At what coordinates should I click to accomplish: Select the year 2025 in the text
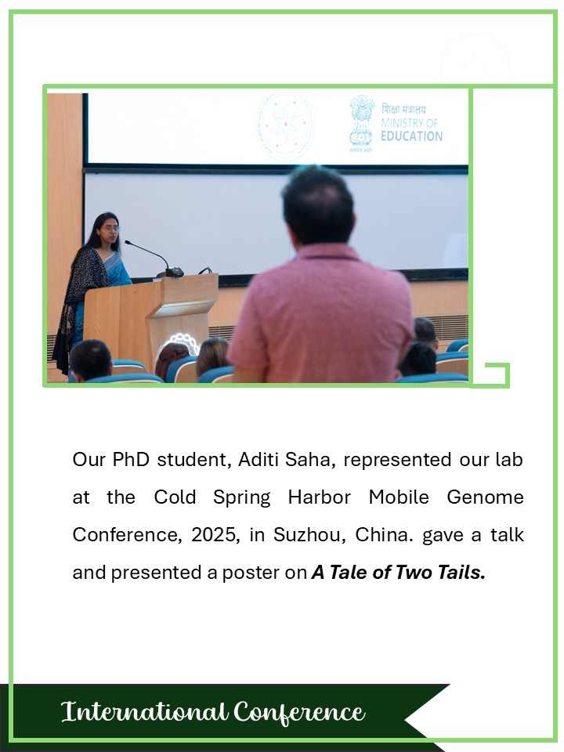(x=214, y=534)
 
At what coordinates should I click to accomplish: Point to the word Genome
(x=485, y=497)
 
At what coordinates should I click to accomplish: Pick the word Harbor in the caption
(x=320, y=497)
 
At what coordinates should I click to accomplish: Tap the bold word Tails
(x=461, y=572)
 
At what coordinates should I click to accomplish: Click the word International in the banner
(x=144, y=711)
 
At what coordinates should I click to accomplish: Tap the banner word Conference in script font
(x=300, y=712)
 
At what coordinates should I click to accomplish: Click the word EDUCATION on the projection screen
(x=411, y=136)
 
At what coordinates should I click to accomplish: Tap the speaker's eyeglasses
(x=110, y=229)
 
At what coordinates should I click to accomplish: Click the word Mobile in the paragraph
(x=399, y=497)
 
